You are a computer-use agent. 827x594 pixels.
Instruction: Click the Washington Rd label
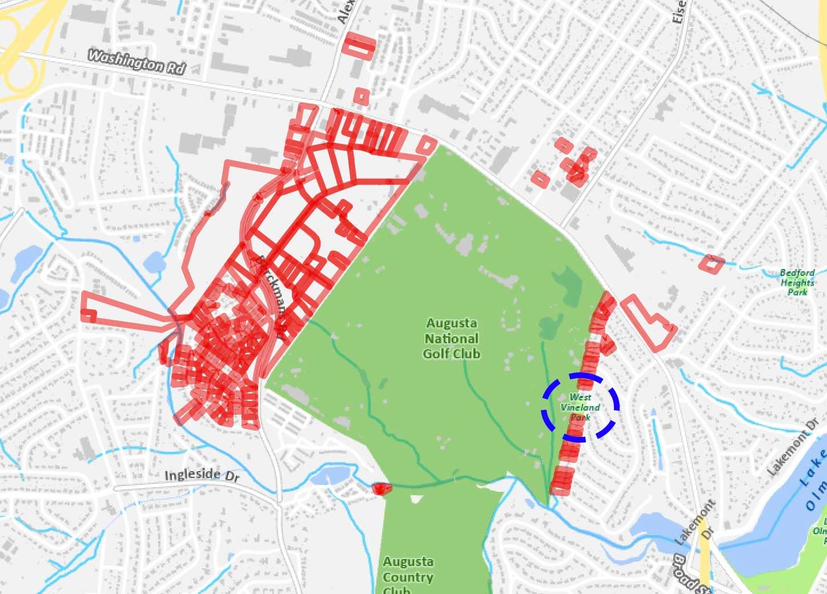(137, 61)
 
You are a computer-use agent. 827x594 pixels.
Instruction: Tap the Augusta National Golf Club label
(451, 338)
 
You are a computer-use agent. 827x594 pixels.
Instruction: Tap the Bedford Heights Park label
(797, 282)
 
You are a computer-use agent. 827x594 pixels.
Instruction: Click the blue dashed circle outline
(581, 376)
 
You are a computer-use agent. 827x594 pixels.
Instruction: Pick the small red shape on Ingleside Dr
(381, 488)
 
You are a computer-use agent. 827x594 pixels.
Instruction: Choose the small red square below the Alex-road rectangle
(362, 96)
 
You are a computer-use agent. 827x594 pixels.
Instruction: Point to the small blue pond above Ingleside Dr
(331, 474)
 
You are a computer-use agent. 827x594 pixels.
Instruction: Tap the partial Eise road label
(679, 11)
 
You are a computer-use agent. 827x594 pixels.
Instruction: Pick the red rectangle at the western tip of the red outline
(88, 315)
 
